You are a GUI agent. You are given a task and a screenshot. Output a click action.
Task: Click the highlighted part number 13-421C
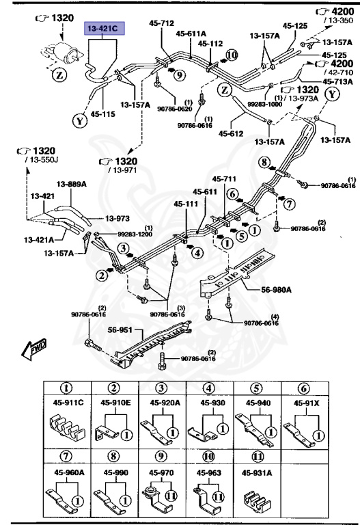point(102,29)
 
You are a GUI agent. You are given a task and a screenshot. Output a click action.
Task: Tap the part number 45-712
point(162,23)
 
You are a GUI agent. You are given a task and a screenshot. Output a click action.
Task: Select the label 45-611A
point(190,32)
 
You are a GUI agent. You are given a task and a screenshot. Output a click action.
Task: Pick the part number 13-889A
point(70,184)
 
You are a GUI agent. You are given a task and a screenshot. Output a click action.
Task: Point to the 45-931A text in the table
point(257,471)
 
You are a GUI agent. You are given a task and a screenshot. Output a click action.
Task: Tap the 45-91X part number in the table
point(307,403)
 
